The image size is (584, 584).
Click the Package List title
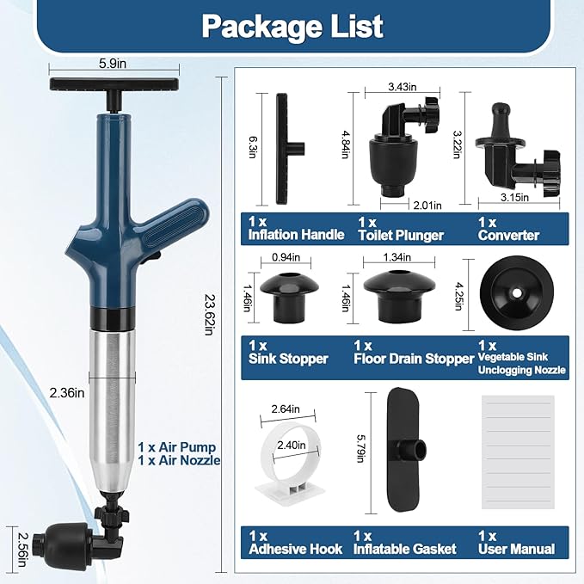pyautogui.click(x=292, y=26)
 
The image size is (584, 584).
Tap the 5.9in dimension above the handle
pyautogui.click(x=113, y=64)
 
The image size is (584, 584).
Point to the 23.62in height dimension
pyautogui.click(x=209, y=314)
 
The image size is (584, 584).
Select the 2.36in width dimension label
pyautogui.click(x=67, y=392)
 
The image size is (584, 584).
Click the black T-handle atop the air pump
pyautogui.click(x=114, y=89)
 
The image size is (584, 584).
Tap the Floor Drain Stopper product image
pyautogui.click(x=399, y=297)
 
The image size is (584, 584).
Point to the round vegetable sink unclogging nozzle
pyautogui.click(x=517, y=293)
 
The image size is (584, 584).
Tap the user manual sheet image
pyautogui.click(x=518, y=452)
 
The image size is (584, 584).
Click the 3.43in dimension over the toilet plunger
pyautogui.click(x=403, y=87)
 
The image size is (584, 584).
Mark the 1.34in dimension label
pyautogui.click(x=397, y=257)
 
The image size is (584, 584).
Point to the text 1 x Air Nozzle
pyautogui.click(x=179, y=460)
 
